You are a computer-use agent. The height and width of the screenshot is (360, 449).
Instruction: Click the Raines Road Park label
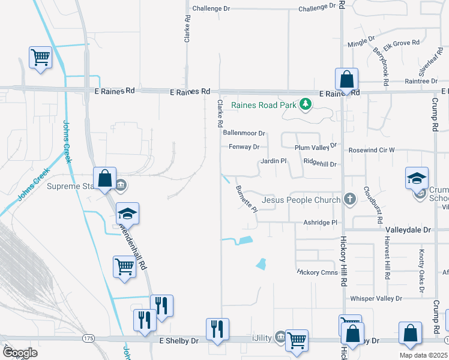(260, 105)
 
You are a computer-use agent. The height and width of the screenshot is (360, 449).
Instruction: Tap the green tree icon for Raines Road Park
(306, 105)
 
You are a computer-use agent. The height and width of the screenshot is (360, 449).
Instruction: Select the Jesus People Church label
(302, 199)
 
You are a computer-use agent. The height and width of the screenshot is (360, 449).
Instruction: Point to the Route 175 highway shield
(89, 339)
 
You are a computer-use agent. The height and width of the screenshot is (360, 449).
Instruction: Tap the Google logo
(20, 352)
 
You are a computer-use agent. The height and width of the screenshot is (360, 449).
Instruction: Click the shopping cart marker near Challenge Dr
(40, 58)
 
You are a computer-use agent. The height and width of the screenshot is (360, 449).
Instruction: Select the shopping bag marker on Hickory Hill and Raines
(346, 79)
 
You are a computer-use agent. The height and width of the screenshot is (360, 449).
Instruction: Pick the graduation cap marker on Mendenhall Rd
(127, 213)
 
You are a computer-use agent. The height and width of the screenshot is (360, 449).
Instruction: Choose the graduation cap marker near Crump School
(417, 178)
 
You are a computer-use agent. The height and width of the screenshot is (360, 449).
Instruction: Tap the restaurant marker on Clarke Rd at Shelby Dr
(217, 329)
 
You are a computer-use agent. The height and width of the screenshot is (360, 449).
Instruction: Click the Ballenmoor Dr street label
(244, 133)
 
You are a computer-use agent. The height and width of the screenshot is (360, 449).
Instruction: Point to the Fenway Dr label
(244, 147)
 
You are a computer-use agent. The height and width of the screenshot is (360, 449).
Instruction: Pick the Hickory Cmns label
(318, 272)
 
